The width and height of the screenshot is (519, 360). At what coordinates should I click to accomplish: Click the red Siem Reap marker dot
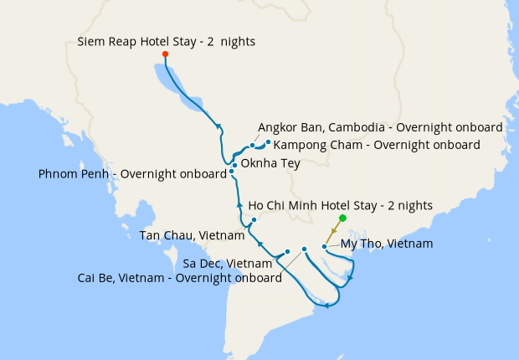165,54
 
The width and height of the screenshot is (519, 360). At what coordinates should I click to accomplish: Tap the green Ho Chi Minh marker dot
342,218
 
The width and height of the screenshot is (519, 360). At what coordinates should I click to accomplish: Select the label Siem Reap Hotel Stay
166,41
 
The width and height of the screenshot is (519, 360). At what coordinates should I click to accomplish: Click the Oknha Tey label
270,164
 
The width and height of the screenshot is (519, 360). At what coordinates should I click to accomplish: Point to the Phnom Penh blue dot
232,174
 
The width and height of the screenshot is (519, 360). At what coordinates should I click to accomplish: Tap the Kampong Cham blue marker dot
268,142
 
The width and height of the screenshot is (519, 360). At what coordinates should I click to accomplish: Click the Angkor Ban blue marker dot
252,146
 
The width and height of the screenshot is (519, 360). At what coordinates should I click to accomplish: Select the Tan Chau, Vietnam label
192,234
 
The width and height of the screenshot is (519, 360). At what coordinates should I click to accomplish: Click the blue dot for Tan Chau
254,220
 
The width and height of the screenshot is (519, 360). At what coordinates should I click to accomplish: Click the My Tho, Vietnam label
386,244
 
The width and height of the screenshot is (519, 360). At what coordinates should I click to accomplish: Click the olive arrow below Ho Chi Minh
334,230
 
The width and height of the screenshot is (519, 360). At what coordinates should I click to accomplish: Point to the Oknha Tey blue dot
234,165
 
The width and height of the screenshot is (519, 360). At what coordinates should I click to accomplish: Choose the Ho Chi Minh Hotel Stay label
341,204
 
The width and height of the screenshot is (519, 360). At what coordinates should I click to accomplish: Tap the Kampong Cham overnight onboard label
377,145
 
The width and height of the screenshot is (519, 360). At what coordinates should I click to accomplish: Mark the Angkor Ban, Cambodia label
380,127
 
